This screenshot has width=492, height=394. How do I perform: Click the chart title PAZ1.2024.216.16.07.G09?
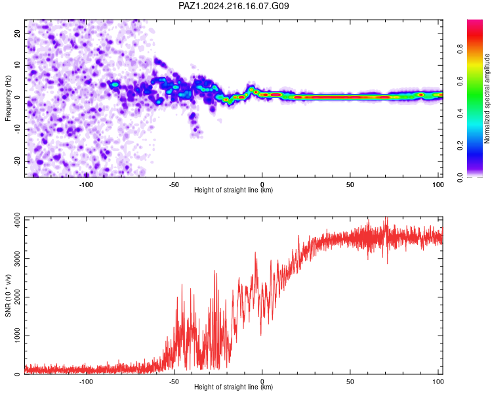(234, 6)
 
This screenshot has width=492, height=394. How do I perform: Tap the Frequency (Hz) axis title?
(8, 98)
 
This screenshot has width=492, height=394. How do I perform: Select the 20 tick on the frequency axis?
(17, 33)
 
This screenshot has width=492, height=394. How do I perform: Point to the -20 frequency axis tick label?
(17, 161)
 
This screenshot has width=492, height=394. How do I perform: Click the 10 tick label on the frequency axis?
(17, 65)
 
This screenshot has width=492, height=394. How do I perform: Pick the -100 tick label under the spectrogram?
(86, 185)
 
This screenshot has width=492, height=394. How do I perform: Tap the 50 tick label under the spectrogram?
(350, 185)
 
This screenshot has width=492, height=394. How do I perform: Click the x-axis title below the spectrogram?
(234, 190)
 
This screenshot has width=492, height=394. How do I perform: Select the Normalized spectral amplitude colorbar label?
(487, 98)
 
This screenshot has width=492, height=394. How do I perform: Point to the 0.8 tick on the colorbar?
(460, 49)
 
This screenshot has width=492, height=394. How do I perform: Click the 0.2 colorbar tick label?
(460, 146)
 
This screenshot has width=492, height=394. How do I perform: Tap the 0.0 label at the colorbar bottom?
(460, 177)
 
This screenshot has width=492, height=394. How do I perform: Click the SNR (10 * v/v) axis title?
(8, 295)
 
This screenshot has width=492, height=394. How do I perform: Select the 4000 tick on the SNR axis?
(17, 220)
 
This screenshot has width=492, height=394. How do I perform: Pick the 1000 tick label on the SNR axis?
(17, 336)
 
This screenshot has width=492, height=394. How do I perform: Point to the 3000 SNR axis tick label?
(17, 259)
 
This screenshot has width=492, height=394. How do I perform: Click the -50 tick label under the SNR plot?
(174, 382)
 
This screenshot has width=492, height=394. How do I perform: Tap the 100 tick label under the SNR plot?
(438, 382)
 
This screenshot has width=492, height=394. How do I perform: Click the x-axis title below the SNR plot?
(234, 387)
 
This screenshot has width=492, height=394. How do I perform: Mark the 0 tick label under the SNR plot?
(262, 382)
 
